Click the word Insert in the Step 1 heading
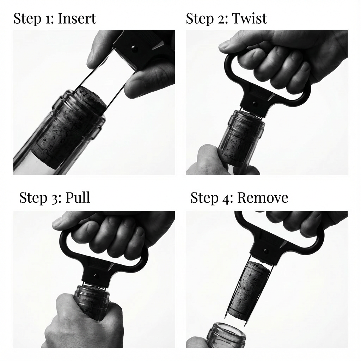tap(77, 19)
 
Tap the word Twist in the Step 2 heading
tap(249, 19)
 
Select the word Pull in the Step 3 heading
tap(78, 197)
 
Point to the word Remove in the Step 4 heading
tap(263, 198)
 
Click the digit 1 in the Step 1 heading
tap(49, 19)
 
